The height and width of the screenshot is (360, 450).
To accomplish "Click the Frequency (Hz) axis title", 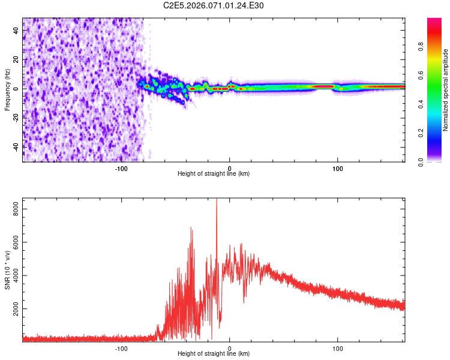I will (7, 89).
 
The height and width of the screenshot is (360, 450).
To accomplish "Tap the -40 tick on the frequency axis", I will (16, 146).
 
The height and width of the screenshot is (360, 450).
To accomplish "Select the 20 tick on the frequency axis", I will (17, 59).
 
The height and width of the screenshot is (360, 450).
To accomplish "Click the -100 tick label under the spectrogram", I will (121, 168).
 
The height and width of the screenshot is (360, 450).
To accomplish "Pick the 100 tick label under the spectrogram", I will (338, 168).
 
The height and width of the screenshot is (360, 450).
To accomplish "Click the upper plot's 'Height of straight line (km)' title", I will (214, 173).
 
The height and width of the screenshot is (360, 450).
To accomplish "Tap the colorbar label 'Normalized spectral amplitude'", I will (446, 90).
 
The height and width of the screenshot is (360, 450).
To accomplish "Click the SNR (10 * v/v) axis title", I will (7, 270).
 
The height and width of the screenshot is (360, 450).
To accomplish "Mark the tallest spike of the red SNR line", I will (217, 201).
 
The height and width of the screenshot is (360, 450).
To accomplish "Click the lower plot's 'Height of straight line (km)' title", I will (214, 353).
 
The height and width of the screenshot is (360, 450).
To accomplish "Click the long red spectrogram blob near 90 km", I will (324, 87).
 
